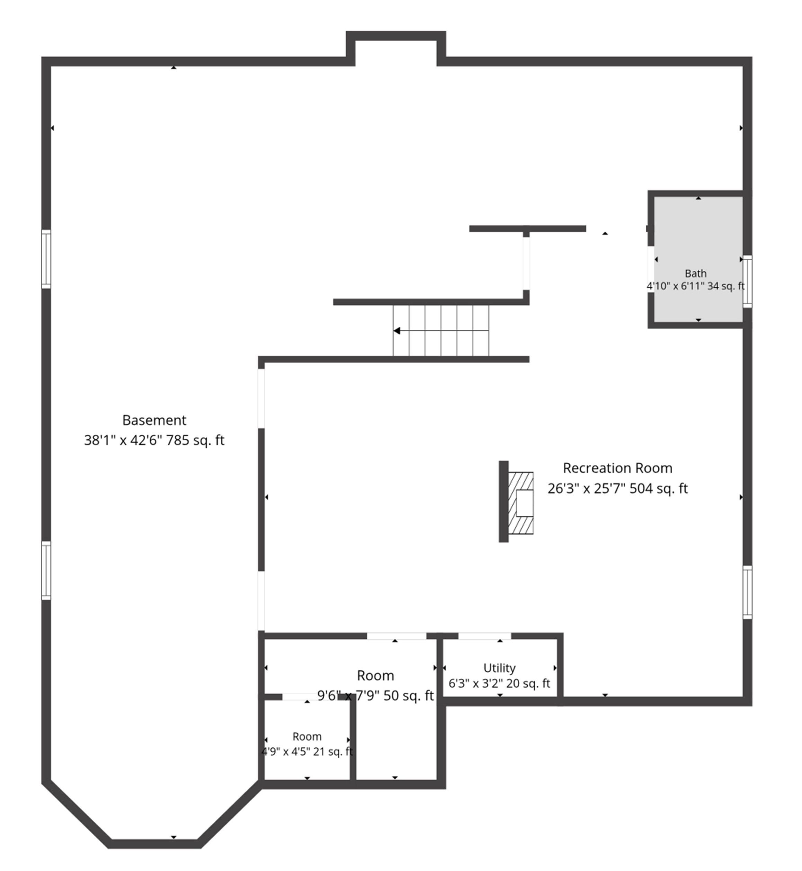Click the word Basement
[x=154, y=420]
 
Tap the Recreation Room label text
[x=618, y=468]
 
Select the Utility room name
[x=500, y=668]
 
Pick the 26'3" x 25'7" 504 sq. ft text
[x=618, y=488]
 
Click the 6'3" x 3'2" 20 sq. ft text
[x=500, y=684]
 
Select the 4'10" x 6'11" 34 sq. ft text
[x=696, y=286]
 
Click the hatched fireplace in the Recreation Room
[x=521, y=503]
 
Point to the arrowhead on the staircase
[x=397, y=331]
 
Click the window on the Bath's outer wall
[x=747, y=281]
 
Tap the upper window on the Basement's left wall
[x=46, y=259]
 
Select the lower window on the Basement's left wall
[x=46, y=571]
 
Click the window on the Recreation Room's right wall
[x=747, y=593]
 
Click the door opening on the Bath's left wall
[x=651, y=269]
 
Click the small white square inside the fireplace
[x=525, y=503]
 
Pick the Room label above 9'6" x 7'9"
[x=376, y=676]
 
